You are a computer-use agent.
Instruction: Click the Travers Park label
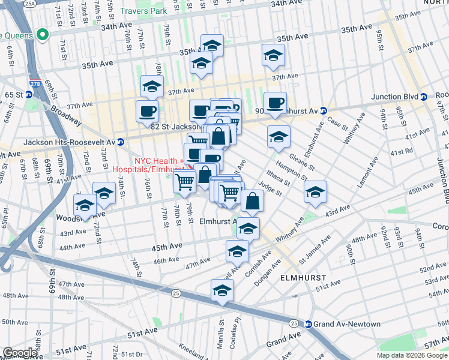(143, 11)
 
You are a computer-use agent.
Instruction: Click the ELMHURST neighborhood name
(303, 278)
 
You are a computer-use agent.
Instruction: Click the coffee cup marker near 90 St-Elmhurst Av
(275, 103)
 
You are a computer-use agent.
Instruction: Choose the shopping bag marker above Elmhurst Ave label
(253, 202)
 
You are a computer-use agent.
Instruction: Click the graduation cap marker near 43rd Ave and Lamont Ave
(315, 192)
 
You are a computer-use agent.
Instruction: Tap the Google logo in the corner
(20, 353)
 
